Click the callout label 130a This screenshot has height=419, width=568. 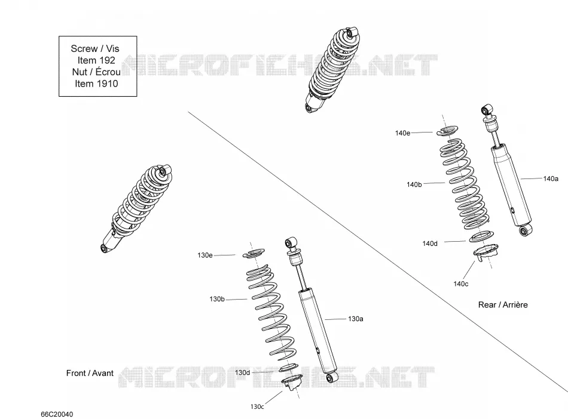pyautogui.click(x=355, y=319)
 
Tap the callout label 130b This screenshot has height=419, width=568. pyautogui.click(x=217, y=299)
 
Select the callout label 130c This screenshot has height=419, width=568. pyautogui.click(x=257, y=406)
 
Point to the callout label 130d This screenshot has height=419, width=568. pyautogui.click(x=242, y=372)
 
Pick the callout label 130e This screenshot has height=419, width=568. pyautogui.click(x=205, y=255)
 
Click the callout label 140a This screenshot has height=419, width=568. pyautogui.click(x=551, y=178)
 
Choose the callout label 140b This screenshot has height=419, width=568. pyautogui.click(x=414, y=184)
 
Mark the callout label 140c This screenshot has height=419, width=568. pyautogui.click(x=461, y=284)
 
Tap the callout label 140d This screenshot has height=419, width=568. pyautogui.click(x=430, y=244)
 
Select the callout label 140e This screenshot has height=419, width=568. pyautogui.click(x=403, y=133)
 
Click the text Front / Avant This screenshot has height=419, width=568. pyautogui.click(x=90, y=373)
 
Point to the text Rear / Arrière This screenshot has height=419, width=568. pyautogui.click(x=503, y=305)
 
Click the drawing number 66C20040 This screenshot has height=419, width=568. pyautogui.click(x=57, y=414)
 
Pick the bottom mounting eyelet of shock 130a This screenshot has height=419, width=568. pyautogui.click(x=330, y=378)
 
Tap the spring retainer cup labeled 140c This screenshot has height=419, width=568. pyautogui.click(x=485, y=252)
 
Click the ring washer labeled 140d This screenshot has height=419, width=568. pyautogui.click(x=481, y=237)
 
